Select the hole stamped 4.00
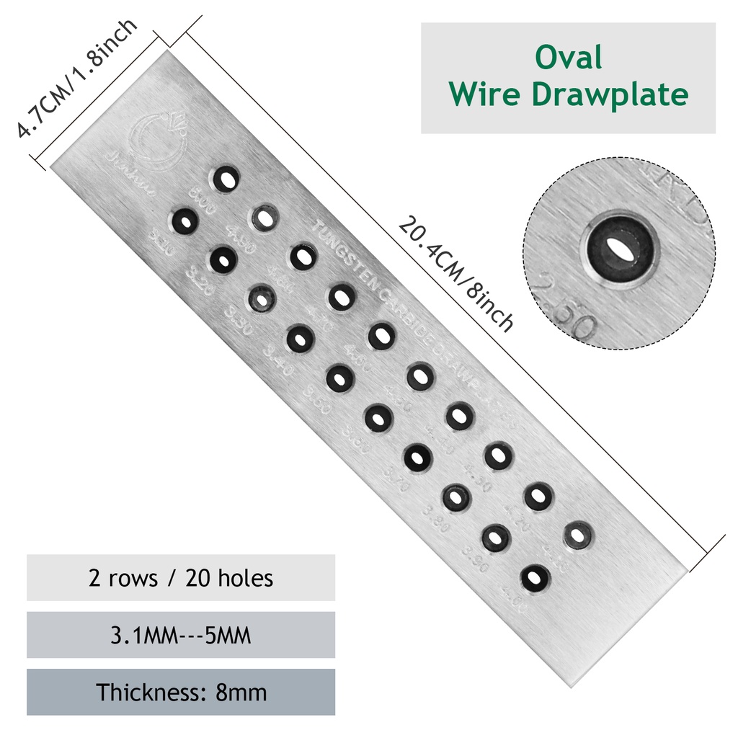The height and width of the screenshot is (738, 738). pos(534,577)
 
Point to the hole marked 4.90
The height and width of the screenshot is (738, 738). pos(264,217)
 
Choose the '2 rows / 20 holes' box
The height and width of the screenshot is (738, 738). pos(181,578)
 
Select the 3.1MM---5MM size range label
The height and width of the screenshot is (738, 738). pos(181,635)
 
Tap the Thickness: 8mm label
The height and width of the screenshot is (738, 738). pos(181,693)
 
